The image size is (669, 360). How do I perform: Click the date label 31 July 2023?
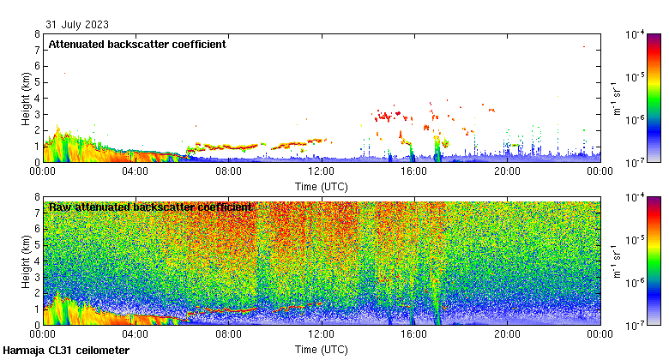(77, 24)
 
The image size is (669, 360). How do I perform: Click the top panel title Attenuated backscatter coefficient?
(137, 44)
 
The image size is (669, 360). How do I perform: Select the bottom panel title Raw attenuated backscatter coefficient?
(150, 207)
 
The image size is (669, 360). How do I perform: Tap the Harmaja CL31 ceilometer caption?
(66, 351)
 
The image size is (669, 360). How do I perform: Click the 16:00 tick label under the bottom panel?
(413, 333)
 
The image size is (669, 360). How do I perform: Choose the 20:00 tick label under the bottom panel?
(506, 333)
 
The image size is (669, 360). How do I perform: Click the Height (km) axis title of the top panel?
(27, 98)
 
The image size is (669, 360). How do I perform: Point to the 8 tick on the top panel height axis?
(36, 34)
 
